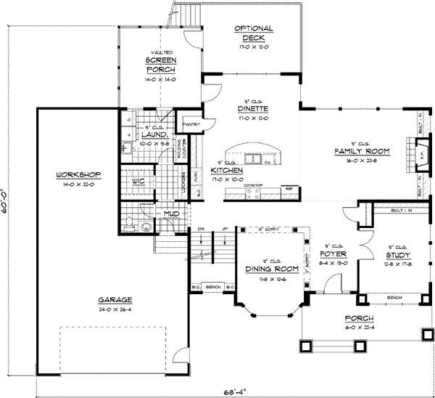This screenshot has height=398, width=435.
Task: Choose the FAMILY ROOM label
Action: tap(362, 151)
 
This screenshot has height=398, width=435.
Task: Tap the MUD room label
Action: tap(172, 214)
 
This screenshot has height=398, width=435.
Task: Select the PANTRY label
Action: tap(192, 124)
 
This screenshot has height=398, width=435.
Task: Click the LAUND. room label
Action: tap(156, 134)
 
